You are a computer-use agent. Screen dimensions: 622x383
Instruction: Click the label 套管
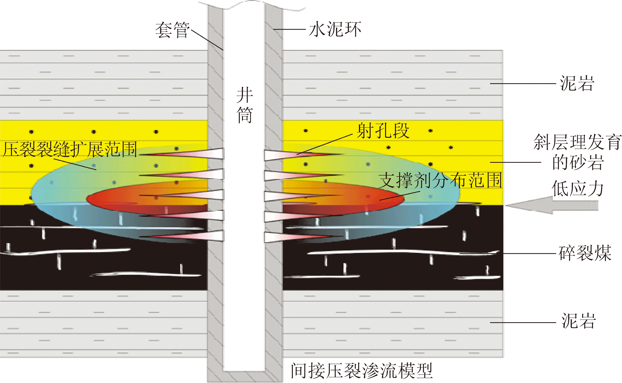click(172, 30)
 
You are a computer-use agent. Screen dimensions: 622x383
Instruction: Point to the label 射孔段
click(383, 131)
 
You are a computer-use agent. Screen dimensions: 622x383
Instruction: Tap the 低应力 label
click(578, 188)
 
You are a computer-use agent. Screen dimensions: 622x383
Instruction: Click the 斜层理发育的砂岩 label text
click(578, 152)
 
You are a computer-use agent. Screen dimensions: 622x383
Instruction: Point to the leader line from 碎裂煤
click(530, 253)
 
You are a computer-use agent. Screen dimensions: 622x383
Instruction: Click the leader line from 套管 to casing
click(207, 39)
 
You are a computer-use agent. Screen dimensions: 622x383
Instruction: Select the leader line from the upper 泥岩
click(523, 83)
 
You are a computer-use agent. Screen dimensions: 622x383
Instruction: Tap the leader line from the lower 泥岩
click(523, 323)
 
